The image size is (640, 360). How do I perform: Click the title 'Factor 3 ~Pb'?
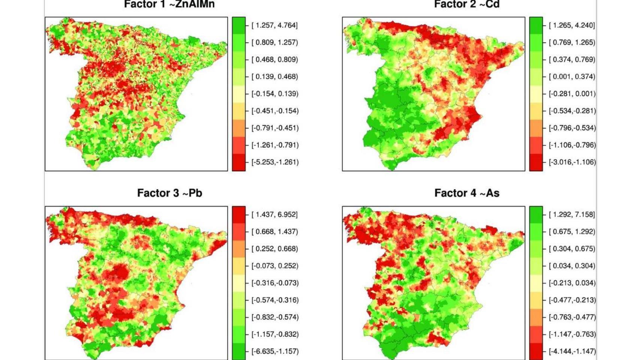(x=170, y=193)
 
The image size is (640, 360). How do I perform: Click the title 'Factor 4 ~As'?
(x=467, y=193)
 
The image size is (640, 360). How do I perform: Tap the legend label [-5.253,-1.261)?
(x=275, y=162)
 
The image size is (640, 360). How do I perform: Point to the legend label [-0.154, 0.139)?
(x=275, y=94)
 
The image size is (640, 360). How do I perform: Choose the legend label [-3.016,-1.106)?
(x=572, y=162)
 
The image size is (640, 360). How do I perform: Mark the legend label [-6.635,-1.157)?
(x=275, y=351)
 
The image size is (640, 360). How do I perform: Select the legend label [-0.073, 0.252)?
(x=275, y=266)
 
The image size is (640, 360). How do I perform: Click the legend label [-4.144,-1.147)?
(x=572, y=351)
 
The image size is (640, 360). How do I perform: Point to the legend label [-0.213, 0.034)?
(x=572, y=283)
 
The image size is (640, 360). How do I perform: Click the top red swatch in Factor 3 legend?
(x=239, y=214)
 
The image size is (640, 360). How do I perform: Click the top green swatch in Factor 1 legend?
(x=239, y=25)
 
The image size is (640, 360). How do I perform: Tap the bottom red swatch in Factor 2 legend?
(x=536, y=162)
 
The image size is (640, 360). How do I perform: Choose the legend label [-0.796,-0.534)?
(x=572, y=128)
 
